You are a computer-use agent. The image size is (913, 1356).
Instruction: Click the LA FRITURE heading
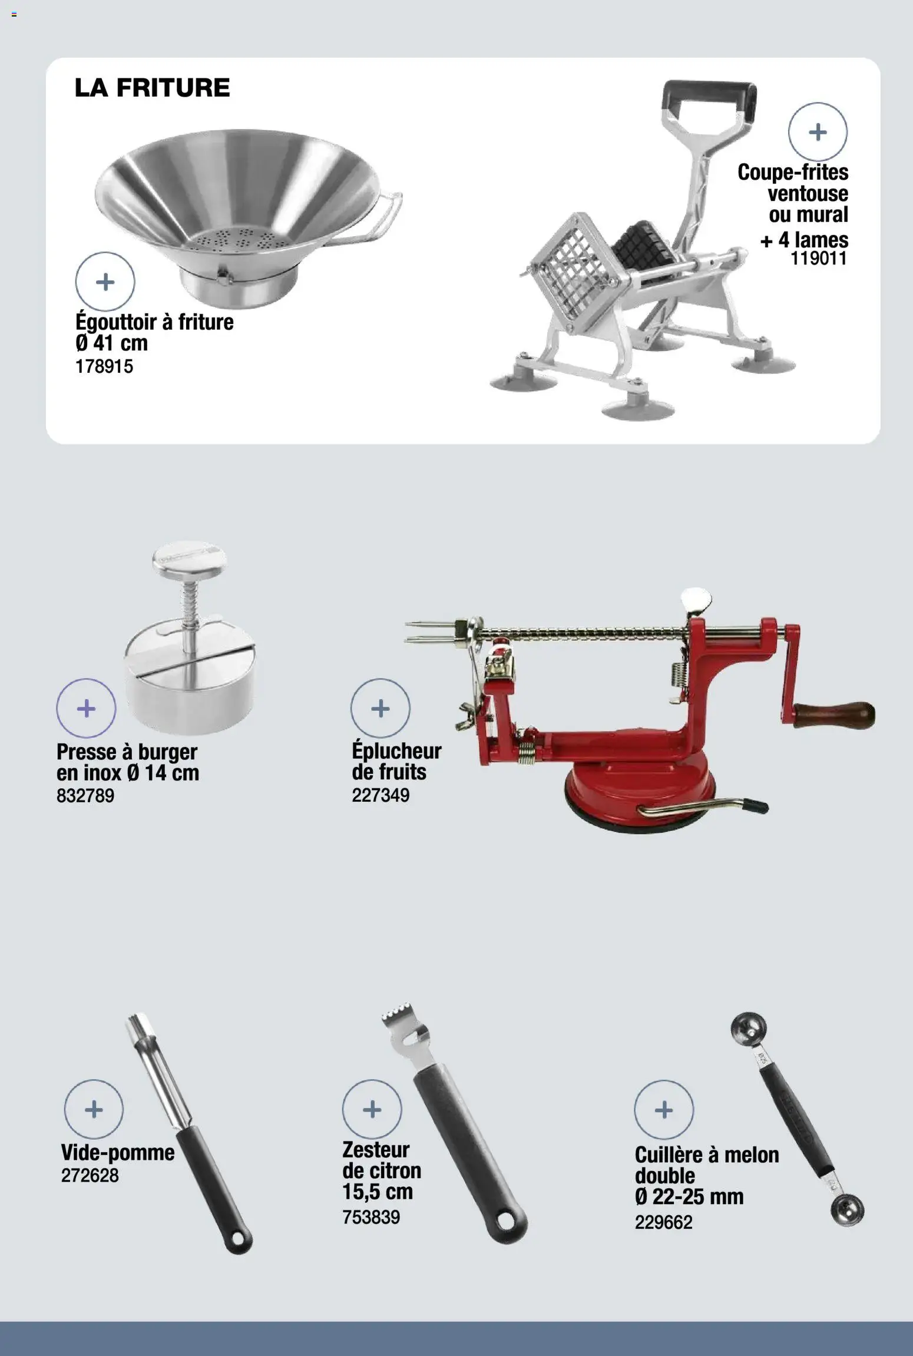[x=152, y=88]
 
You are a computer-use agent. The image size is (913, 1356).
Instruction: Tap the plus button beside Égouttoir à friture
[x=105, y=282]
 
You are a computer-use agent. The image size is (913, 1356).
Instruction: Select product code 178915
[x=104, y=366]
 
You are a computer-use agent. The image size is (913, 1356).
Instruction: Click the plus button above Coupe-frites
[x=818, y=132]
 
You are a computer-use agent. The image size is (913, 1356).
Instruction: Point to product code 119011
[x=819, y=258]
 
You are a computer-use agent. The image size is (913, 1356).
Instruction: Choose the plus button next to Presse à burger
[x=86, y=708]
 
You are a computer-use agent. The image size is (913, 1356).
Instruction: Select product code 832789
[x=85, y=796]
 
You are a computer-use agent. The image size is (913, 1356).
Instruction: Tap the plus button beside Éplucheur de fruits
[x=380, y=708]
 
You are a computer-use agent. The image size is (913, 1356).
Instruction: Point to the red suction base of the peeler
[x=640, y=796]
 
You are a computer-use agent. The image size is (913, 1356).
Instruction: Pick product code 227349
[x=381, y=795]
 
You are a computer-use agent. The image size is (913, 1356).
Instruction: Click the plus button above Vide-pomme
[x=94, y=1109]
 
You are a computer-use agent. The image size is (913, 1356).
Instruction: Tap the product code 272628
[x=90, y=1175]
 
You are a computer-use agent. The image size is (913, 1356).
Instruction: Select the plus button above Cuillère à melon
[x=664, y=1110]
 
